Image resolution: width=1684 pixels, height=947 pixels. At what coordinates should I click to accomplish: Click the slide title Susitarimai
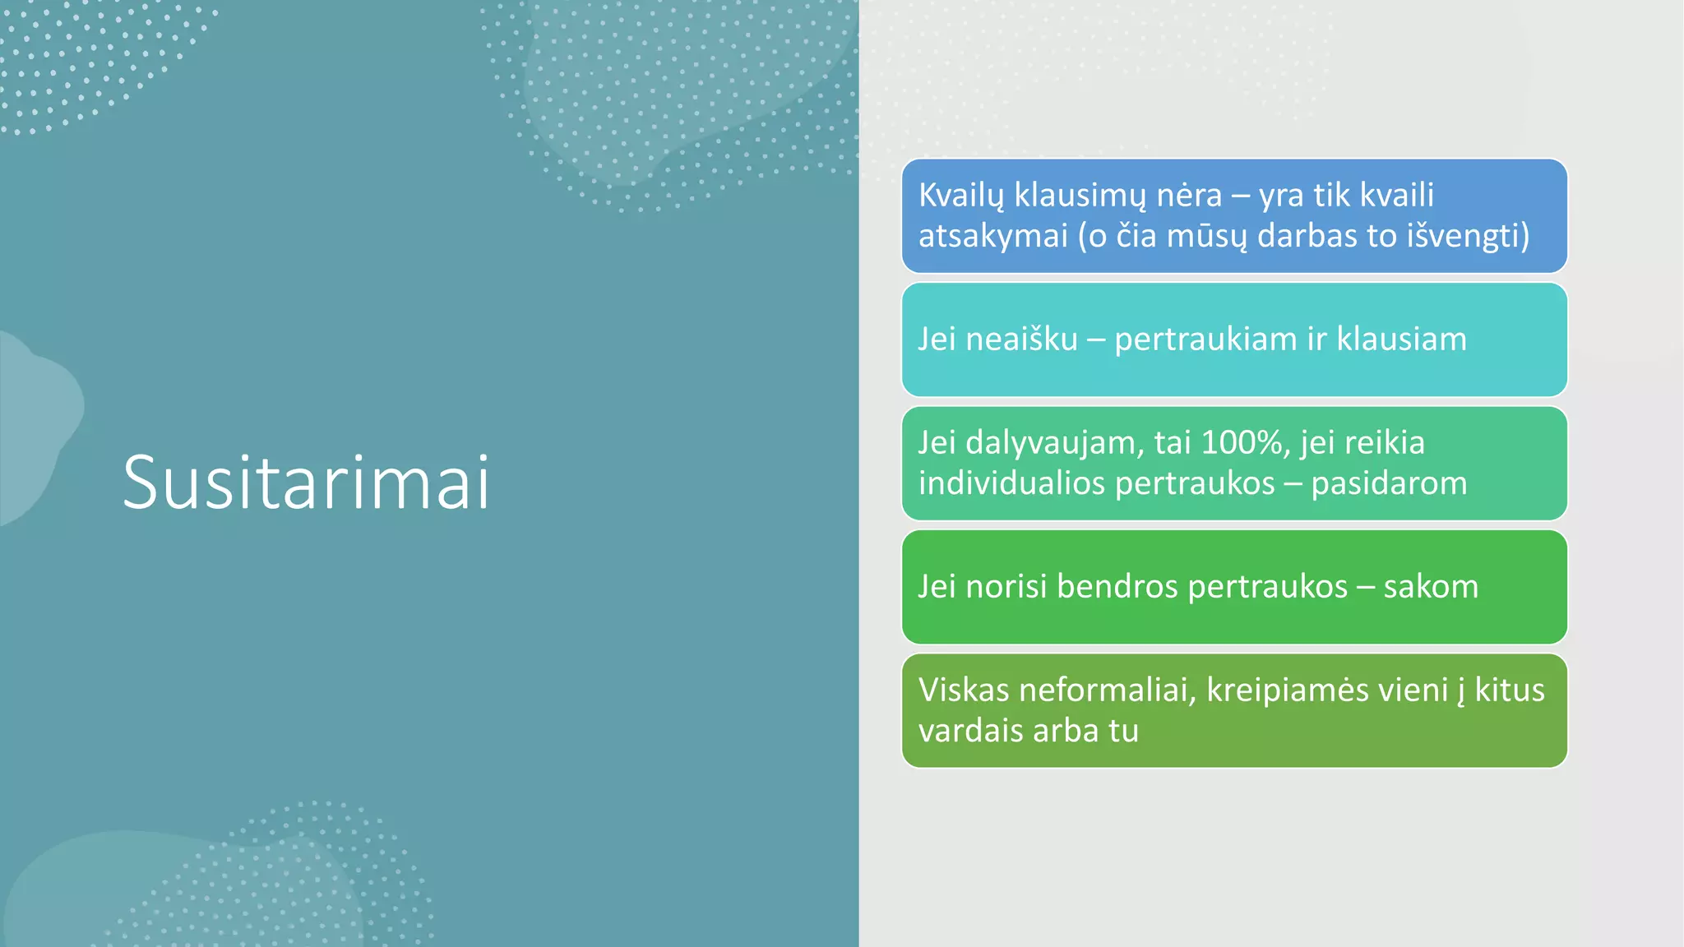[x=306, y=483]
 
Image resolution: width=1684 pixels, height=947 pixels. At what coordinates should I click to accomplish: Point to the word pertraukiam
[x=1205, y=340]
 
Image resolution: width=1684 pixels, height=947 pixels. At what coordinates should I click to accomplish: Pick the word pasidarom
[x=1389, y=483]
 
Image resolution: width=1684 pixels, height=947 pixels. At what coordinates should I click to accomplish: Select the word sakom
[x=1431, y=587]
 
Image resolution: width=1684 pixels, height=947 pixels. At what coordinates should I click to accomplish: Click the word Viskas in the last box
[x=963, y=691]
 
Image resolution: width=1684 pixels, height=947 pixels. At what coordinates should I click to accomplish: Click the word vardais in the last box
[x=967, y=731]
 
